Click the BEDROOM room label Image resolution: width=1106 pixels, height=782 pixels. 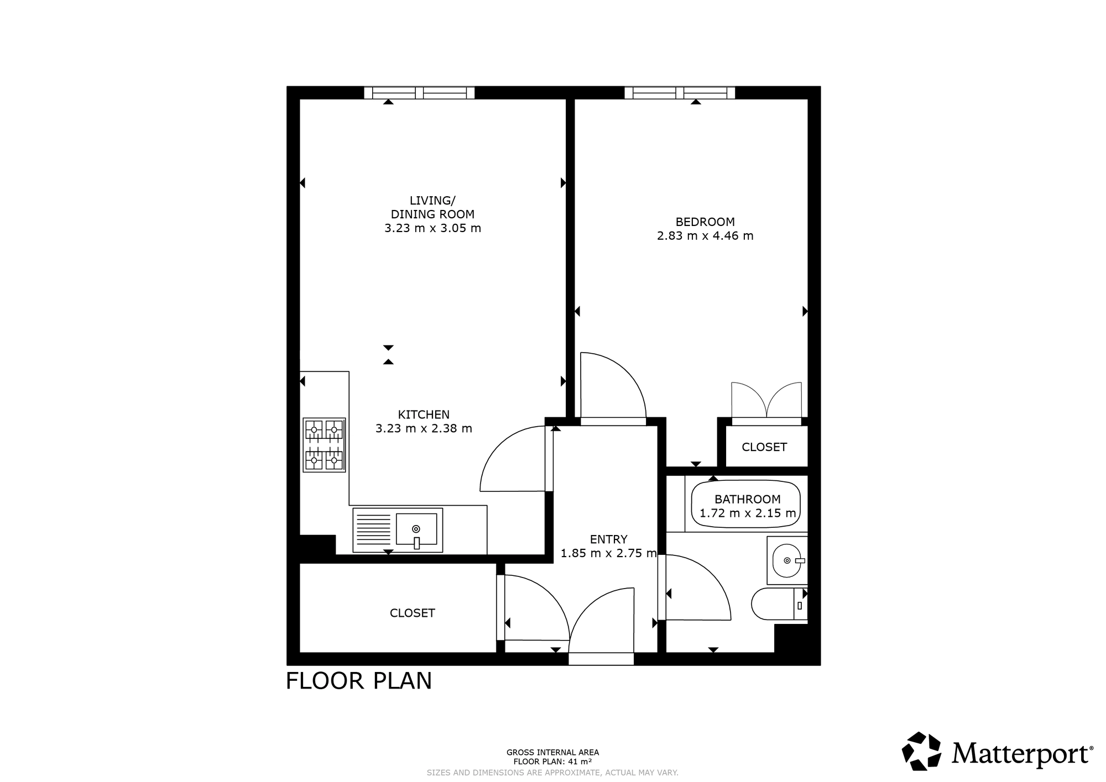(705, 222)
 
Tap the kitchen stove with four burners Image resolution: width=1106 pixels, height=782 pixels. (324, 445)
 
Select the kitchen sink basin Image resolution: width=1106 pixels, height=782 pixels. (416, 529)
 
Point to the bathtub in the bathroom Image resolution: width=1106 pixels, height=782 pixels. (746, 506)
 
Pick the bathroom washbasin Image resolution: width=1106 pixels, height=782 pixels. (787, 560)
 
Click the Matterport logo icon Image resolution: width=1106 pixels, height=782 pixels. (922, 751)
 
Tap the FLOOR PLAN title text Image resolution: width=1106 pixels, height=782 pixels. (358, 681)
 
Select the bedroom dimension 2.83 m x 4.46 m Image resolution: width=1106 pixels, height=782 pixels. (705, 236)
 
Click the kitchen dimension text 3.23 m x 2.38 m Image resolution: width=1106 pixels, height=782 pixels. (424, 428)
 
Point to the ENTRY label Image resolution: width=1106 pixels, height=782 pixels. (608, 539)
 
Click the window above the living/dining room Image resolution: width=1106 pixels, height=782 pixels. (419, 93)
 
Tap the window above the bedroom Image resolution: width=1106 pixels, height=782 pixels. (680, 93)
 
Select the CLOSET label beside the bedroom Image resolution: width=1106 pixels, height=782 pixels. (764, 447)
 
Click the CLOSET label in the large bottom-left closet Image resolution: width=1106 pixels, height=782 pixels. (413, 613)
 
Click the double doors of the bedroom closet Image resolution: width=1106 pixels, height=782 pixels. (766, 400)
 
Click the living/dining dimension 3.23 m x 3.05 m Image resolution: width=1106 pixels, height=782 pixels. (432, 228)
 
